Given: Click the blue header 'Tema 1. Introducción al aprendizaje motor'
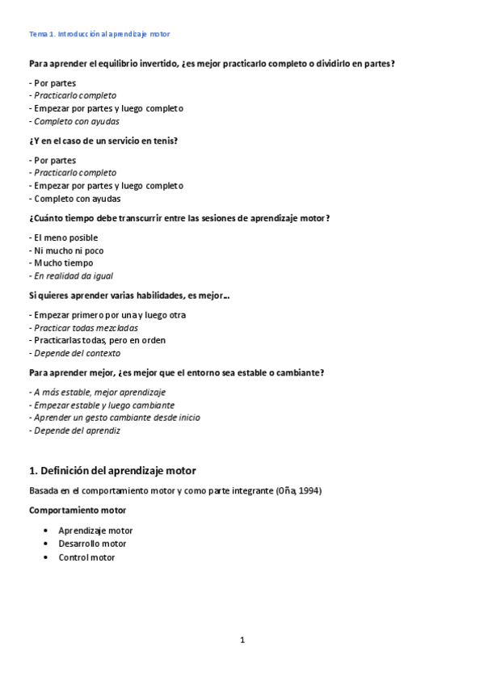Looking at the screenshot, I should [99, 34].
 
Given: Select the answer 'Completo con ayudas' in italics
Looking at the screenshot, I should [77, 121].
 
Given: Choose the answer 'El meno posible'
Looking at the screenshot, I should [65, 237].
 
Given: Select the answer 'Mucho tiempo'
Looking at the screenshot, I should [63, 263].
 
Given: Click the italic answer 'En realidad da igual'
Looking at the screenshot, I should [74, 275].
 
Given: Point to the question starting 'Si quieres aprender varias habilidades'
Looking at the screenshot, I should [128, 296].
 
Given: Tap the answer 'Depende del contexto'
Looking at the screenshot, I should [77, 353].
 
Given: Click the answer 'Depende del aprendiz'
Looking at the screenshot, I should [77, 431].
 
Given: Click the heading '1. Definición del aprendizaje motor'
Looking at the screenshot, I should [112, 470].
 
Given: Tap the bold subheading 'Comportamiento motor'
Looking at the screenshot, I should [78, 511].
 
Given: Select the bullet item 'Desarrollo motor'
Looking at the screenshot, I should [92, 544].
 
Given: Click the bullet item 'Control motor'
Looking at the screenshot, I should [86, 557].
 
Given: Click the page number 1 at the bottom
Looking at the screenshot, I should [242, 641].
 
